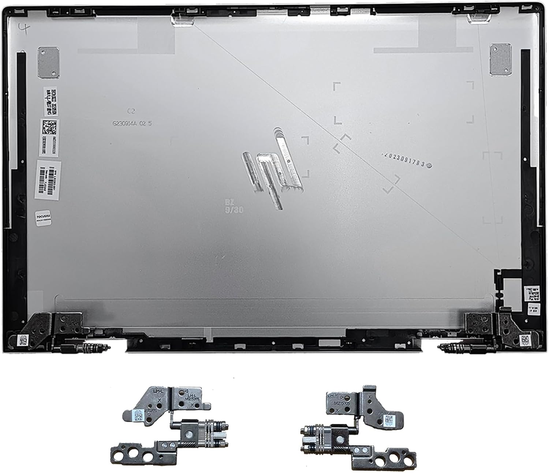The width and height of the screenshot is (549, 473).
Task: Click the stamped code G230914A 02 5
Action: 132,124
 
